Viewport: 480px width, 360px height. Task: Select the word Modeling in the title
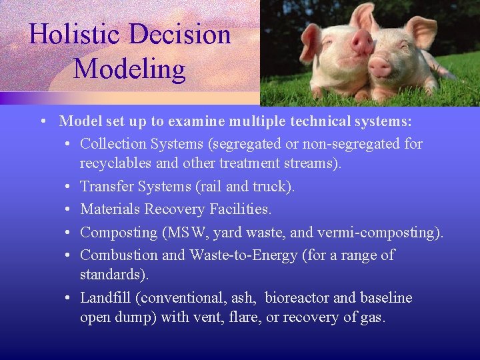129,69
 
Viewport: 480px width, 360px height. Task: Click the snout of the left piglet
363,43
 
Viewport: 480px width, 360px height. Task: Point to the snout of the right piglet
379,67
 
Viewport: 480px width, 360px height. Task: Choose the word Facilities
237,209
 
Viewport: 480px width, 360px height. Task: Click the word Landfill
105,297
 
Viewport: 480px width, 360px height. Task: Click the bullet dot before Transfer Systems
70,187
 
